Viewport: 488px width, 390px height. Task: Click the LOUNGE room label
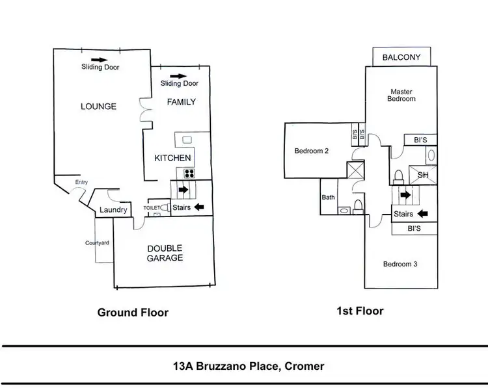[x=99, y=106]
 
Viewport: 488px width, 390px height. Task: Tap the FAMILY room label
[x=180, y=102]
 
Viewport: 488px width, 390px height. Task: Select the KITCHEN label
[x=172, y=158]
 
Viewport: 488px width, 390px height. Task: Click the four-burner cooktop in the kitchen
[x=191, y=173]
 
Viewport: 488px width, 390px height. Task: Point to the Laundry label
[x=113, y=210]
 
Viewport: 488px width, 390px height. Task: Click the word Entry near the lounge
[x=81, y=183]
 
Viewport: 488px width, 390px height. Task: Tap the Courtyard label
[x=97, y=242]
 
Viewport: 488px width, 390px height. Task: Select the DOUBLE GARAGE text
[x=164, y=253]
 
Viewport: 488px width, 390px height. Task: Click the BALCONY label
[x=401, y=57]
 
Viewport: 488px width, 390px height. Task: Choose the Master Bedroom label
[x=401, y=95]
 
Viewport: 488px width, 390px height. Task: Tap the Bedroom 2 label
[x=312, y=151]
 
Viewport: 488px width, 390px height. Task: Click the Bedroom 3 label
[x=400, y=264]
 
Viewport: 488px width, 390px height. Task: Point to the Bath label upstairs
[x=327, y=198]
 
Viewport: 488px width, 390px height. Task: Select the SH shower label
[x=422, y=175]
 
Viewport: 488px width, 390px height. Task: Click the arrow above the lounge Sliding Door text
[x=101, y=58]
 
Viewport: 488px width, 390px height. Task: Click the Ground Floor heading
[x=133, y=313]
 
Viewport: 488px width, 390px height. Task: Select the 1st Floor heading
[x=360, y=311]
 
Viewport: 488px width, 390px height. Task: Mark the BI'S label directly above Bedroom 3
[x=414, y=229]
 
